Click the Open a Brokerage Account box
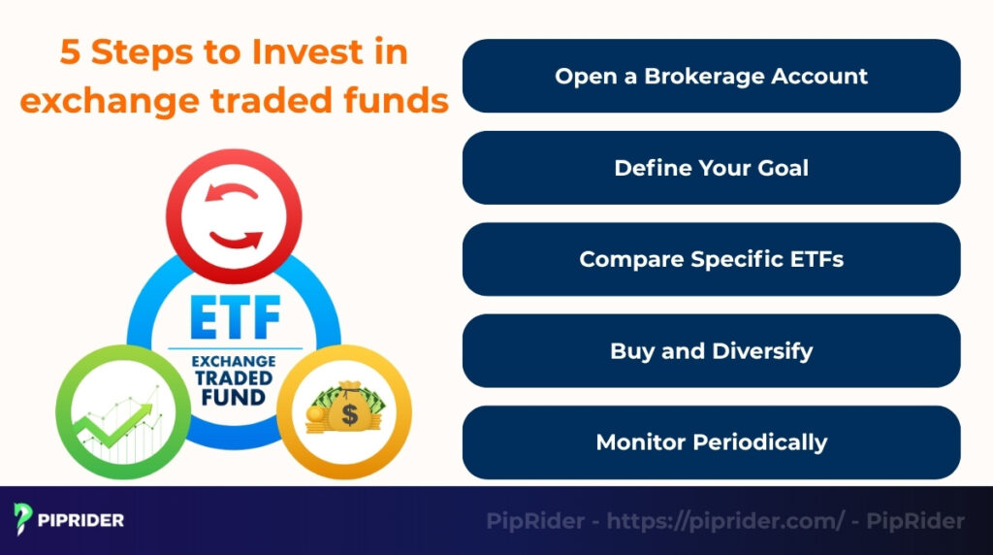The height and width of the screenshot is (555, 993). (x=711, y=77)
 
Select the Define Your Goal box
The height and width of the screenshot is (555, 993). (x=711, y=168)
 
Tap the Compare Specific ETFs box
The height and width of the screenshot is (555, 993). (x=711, y=260)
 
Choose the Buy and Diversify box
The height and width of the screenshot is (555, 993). (x=711, y=351)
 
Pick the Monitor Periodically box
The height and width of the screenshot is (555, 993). (x=711, y=442)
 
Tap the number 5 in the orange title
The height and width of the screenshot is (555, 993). (x=70, y=52)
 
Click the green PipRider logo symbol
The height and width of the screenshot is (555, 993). (x=23, y=519)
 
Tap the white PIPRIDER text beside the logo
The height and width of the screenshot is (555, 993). (x=80, y=520)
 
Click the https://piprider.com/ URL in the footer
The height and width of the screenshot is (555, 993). (x=725, y=521)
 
